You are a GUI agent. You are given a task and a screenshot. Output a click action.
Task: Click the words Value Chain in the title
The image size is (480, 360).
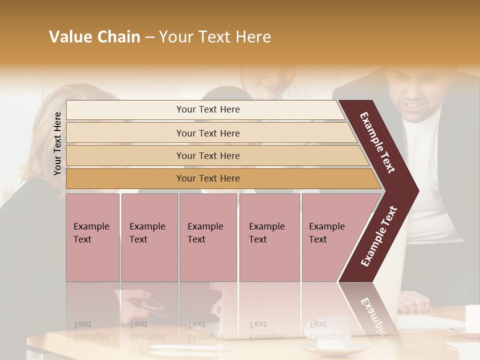(94, 37)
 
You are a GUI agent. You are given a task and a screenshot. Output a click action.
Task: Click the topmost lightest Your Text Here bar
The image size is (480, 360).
(208, 109)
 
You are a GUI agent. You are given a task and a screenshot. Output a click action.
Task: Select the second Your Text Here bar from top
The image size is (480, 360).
(208, 133)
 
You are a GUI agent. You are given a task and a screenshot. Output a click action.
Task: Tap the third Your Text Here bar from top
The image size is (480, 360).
(208, 155)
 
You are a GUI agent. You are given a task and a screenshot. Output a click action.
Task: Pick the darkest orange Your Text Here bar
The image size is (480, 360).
(208, 178)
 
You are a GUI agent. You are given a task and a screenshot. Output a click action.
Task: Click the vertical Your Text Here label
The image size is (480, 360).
(57, 143)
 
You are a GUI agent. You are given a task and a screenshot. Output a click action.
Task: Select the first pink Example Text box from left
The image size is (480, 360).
(92, 237)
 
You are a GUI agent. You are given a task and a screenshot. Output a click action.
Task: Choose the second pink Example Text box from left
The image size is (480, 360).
(149, 237)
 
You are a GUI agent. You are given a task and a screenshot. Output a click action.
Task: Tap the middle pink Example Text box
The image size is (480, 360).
(208, 237)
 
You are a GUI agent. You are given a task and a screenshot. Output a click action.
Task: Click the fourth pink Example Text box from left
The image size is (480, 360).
(269, 237)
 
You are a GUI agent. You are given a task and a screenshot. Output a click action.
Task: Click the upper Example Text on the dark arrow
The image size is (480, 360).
(378, 142)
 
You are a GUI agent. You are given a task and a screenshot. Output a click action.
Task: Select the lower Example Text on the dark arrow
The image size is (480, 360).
(379, 236)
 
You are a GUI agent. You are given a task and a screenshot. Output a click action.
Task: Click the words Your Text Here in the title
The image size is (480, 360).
(215, 37)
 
